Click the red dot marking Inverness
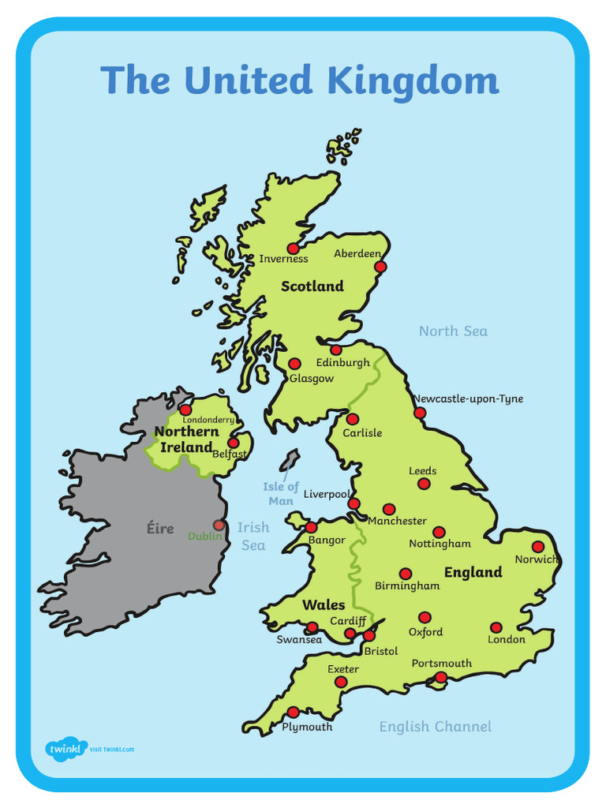pyautogui.click(x=293, y=249)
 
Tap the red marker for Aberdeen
pyautogui.click(x=380, y=267)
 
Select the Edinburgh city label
pyautogui.click(x=342, y=363)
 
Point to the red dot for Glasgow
pyautogui.click(x=294, y=364)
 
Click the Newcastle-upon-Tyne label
pyautogui.click(x=468, y=399)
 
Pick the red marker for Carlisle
pyautogui.click(x=352, y=419)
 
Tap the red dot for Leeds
pyautogui.click(x=424, y=484)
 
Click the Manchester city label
pyautogui.click(x=397, y=521)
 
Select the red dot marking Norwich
pyautogui.click(x=538, y=546)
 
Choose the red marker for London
pyautogui.click(x=496, y=627)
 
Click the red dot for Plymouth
pyautogui.click(x=293, y=712)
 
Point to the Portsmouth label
pyautogui.click(x=442, y=664)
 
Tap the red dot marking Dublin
pyautogui.click(x=219, y=525)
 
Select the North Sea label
pyautogui.click(x=453, y=331)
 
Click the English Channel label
pyautogui.click(x=435, y=727)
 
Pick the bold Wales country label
pyautogui.click(x=324, y=605)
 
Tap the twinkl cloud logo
pyautogui.click(x=65, y=747)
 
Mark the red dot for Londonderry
pyautogui.click(x=185, y=410)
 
